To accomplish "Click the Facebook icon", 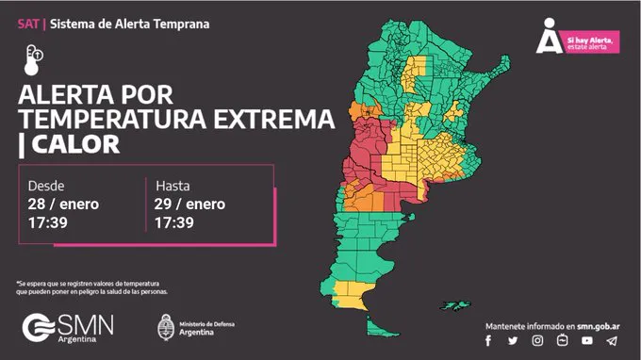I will coord(488,340).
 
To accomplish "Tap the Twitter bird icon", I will coord(513,340).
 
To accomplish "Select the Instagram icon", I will coord(537,340).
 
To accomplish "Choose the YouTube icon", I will coord(587,340).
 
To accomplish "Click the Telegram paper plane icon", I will coord(612,340).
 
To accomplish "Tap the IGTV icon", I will coord(562,340).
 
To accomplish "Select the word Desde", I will coord(46,186).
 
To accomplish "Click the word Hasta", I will coord(173,186).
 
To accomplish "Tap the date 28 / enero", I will coord(64,204).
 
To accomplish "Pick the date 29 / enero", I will coord(189,204).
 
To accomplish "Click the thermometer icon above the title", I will coord(34,59).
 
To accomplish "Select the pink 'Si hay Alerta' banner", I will coord(592,42).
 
